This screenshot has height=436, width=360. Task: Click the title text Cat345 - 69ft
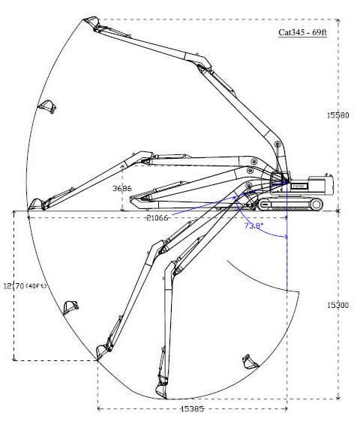tap(302, 32)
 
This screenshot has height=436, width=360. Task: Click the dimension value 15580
tap(337, 115)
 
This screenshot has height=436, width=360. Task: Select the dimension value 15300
tap(337, 305)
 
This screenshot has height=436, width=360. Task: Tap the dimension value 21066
tap(157, 218)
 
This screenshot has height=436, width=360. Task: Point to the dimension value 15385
tap(192, 409)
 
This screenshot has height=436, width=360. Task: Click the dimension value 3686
tap(122, 188)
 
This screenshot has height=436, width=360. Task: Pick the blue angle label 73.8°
tap(253, 225)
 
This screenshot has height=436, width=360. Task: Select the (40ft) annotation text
tap(36, 285)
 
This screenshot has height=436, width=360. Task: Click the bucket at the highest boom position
tap(91, 22)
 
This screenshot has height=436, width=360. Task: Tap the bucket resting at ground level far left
tap(35, 205)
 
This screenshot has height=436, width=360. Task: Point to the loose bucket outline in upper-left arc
tap(47, 106)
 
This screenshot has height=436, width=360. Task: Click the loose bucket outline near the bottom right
tap(250, 362)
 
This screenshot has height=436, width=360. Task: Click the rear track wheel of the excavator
tap(316, 205)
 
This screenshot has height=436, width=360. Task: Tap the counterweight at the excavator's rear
tap(321, 184)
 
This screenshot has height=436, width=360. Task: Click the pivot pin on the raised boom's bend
tap(277, 145)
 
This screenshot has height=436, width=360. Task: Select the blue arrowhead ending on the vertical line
tap(284, 237)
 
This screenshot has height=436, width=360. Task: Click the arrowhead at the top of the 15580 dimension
tap(337, 21)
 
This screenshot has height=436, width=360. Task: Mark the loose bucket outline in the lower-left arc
tap(70, 307)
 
